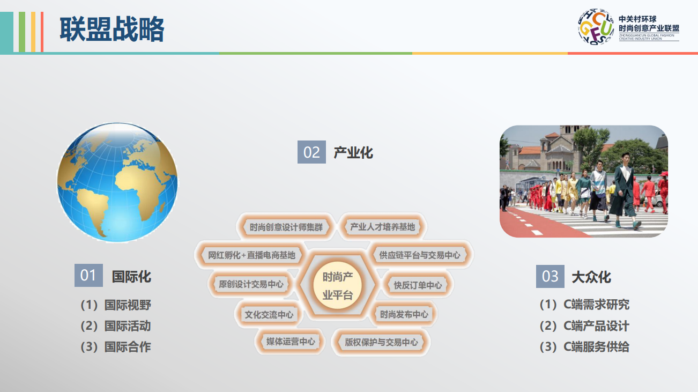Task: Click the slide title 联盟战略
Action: click(112, 29)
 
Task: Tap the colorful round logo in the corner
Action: click(596, 27)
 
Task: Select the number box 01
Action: click(88, 275)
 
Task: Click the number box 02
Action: click(311, 152)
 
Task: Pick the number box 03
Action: click(550, 276)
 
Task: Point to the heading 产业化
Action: click(353, 153)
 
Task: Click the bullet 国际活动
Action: click(116, 326)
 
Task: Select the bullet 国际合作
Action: click(116, 347)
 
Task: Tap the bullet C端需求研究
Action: click(584, 305)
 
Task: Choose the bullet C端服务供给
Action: click(584, 347)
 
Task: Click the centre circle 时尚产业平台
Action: click(337, 285)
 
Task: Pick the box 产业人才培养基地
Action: click(382, 227)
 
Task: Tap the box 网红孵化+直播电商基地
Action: click(251, 255)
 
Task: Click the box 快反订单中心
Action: click(418, 285)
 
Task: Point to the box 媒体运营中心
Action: click(291, 342)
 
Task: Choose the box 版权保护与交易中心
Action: click(381, 343)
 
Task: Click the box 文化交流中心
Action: click(269, 315)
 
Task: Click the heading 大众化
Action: click(591, 277)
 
